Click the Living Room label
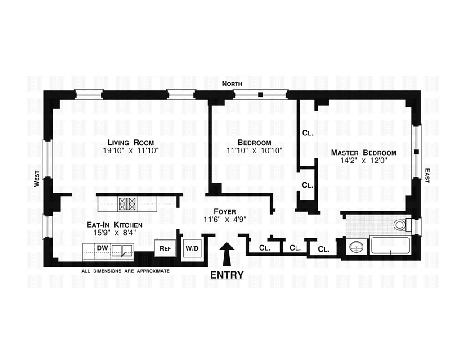tap(128, 143)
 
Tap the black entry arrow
tap(228, 254)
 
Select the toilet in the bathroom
tap(401, 224)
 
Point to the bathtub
tap(390, 247)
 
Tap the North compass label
tap(232, 84)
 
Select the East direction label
tap(427, 175)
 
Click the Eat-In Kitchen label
tap(115, 225)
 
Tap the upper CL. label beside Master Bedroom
tap(307, 133)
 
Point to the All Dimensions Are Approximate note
tap(125, 271)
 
